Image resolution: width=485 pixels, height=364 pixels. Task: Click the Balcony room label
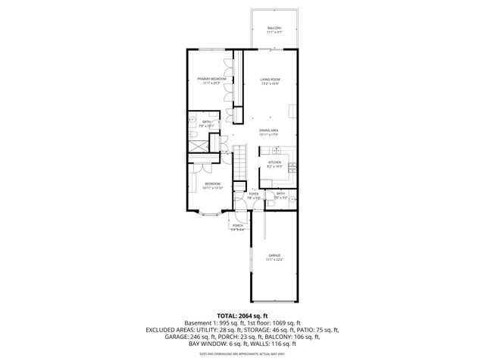(274, 27)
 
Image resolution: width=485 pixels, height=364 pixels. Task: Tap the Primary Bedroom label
(212, 79)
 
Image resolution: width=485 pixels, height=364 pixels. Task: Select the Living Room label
(271, 79)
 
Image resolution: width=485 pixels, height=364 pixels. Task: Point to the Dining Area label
(269, 130)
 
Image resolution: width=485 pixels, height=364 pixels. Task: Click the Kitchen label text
(274, 162)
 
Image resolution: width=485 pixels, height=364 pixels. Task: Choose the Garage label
(274, 256)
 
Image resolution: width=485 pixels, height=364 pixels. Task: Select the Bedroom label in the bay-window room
(212, 184)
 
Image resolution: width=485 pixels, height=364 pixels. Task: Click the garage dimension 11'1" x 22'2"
(274, 260)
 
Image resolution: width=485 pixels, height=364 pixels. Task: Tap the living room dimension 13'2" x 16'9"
(271, 83)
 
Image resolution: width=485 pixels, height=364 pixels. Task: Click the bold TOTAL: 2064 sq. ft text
(242, 315)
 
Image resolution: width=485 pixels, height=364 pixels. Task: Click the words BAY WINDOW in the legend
(192, 345)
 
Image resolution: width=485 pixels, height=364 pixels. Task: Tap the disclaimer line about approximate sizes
(242, 354)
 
